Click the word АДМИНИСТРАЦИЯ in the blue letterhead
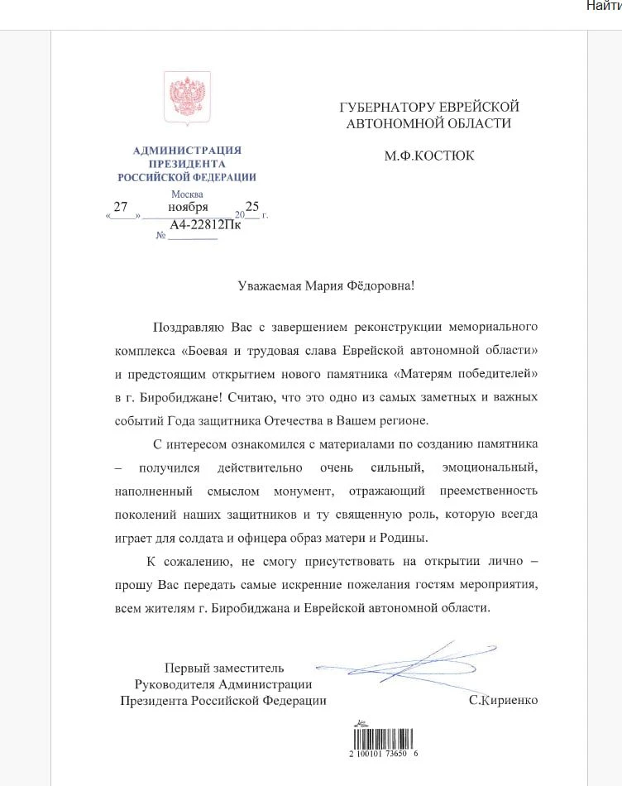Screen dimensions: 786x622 tap(187, 150)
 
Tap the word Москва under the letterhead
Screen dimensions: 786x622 tap(186, 194)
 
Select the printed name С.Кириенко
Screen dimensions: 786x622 tap(502, 700)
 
